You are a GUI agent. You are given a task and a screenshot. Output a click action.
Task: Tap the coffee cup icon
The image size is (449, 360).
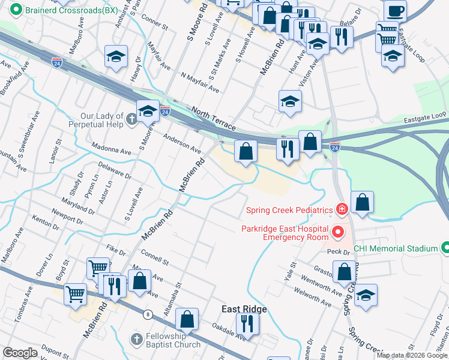click(x=395, y=11)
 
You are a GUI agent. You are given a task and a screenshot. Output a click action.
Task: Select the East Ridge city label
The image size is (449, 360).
click(x=244, y=309)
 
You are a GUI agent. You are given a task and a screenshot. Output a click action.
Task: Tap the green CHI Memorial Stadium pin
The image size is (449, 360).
click(x=445, y=248)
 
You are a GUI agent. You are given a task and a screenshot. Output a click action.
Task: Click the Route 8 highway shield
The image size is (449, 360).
click(x=147, y=314)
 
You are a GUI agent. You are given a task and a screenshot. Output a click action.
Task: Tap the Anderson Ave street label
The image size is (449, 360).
click(x=182, y=143)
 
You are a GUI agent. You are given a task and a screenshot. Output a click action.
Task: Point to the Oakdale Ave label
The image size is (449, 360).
click(x=229, y=332)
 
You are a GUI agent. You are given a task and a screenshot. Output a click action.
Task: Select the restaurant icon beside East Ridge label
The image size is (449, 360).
click(x=247, y=324)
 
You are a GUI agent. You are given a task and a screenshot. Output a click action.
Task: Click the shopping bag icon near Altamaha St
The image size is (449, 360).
click(x=187, y=320)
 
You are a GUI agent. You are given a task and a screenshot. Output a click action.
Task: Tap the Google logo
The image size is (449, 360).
click(x=19, y=353)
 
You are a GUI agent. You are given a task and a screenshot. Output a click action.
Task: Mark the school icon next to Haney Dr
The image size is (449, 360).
click(x=116, y=57)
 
